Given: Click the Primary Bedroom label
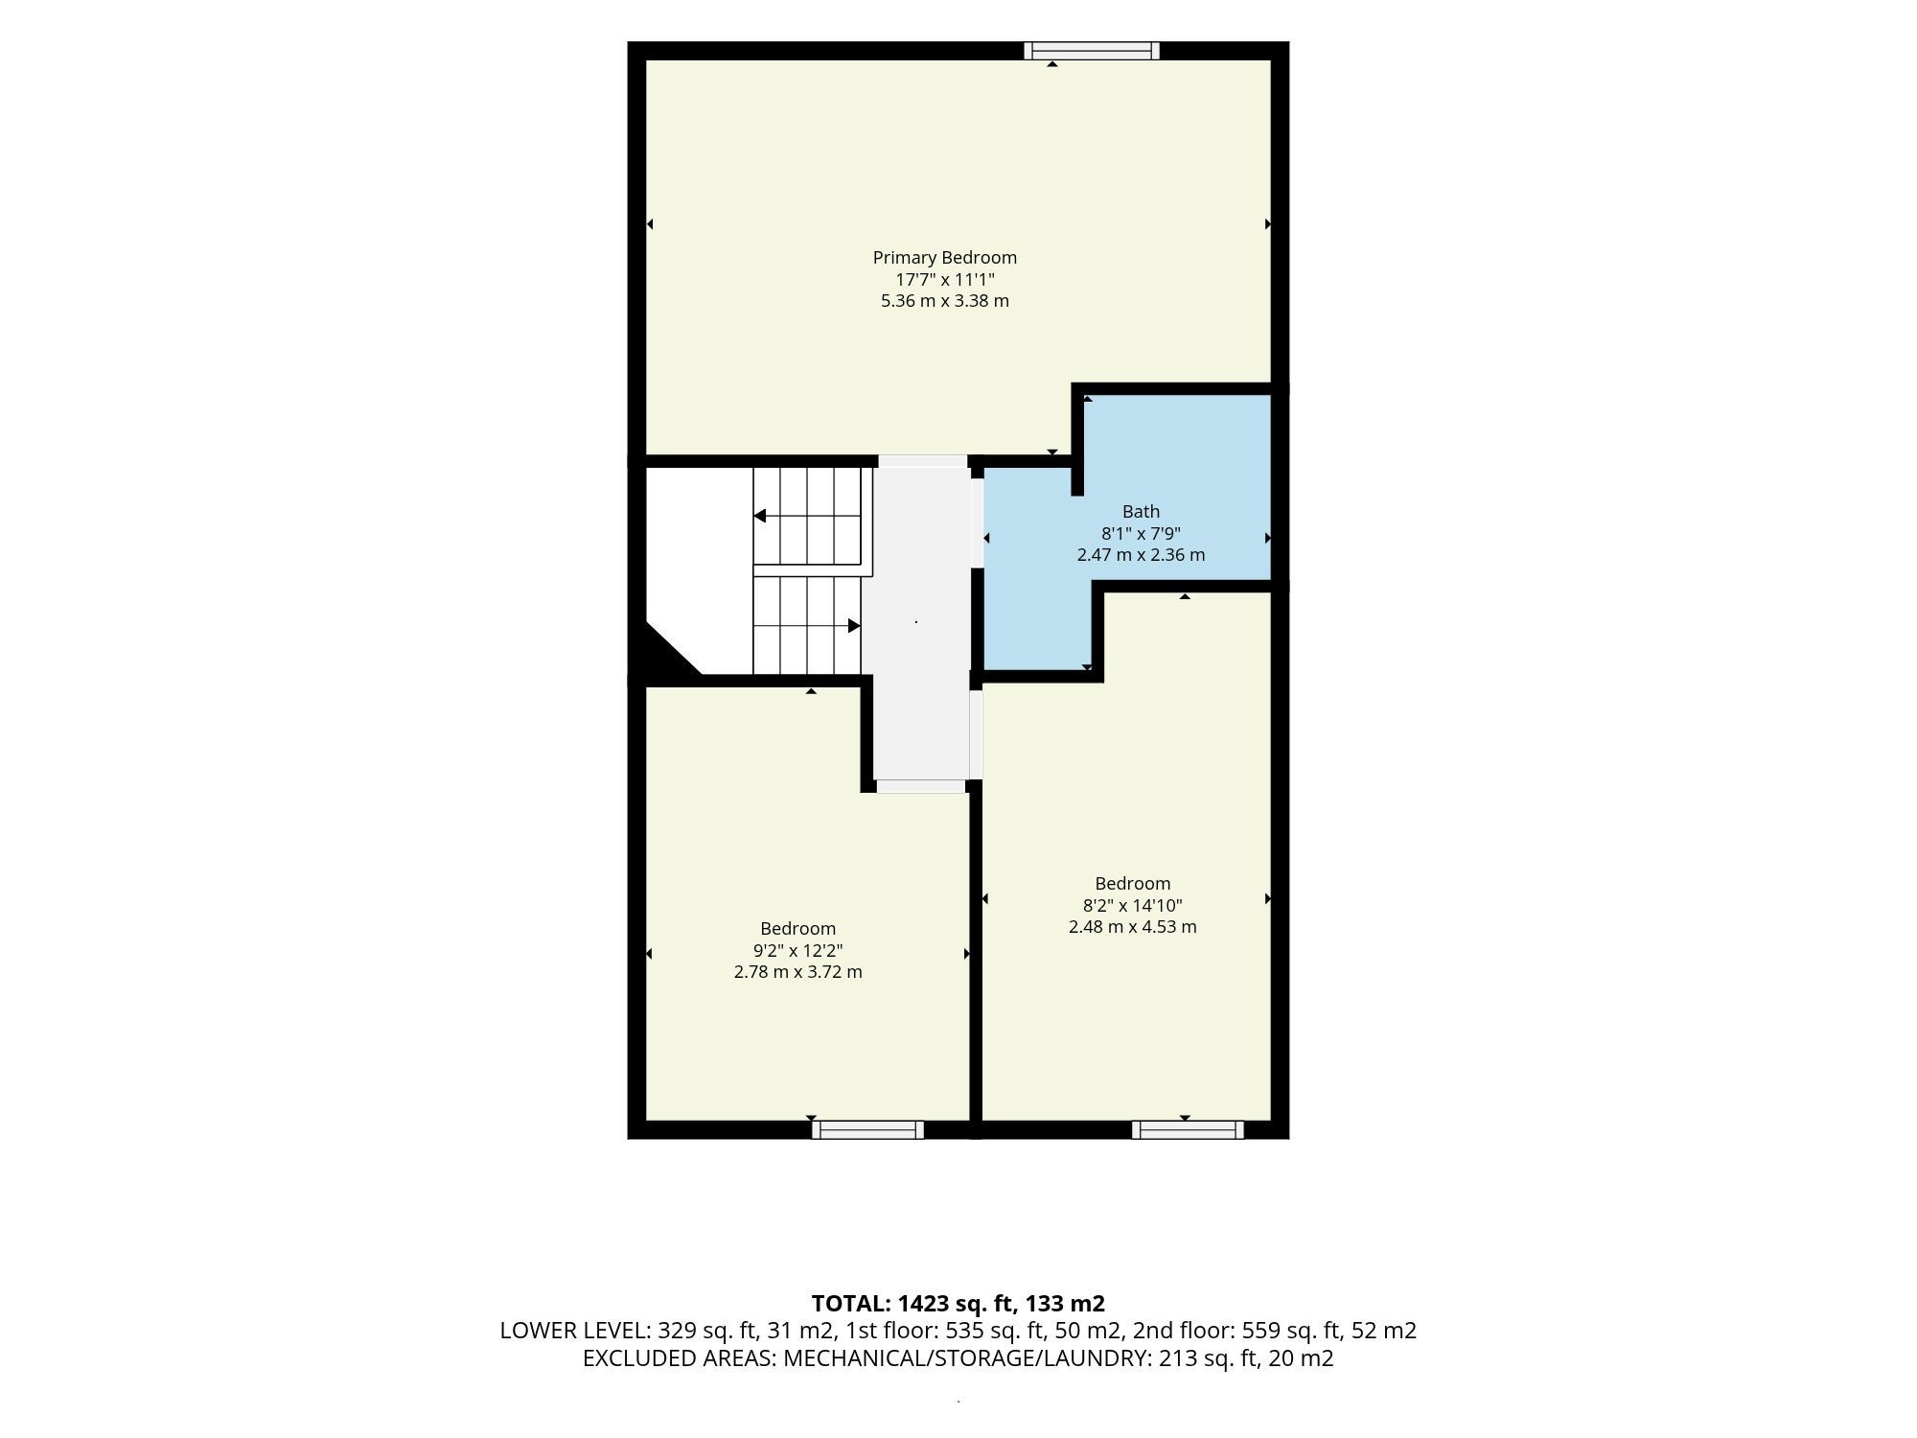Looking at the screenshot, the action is tap(944, 258).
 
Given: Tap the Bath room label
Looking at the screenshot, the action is tap(1141, 512).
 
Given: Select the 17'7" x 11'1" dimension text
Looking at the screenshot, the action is tap(945, 280).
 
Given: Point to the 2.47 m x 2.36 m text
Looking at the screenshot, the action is tap(1141, 555).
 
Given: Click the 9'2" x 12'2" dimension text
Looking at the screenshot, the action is tap(798, 951).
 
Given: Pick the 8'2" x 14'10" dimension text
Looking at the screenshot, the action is tap(1133, 906).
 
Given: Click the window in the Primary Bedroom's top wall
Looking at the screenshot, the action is tap(1092, 51).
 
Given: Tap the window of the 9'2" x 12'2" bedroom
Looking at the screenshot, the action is tap(867, 1130).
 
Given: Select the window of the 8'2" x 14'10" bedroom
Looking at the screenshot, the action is tap(1188, 1130).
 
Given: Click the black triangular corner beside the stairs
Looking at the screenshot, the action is tap(666, 655).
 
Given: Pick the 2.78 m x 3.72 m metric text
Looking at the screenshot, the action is tap(798, 972).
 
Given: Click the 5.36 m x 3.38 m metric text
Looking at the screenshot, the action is tap(945, 301).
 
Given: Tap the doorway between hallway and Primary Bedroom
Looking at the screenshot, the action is tap(923, 461).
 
